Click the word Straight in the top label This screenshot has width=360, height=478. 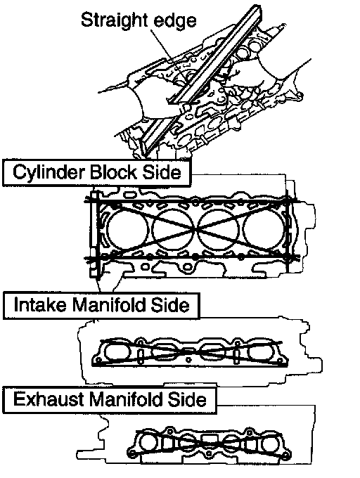tap(115, 21)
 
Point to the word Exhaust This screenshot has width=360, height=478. tap(49, 399)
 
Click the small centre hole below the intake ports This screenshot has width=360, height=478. tap(189, 361)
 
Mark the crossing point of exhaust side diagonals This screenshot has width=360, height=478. tap(210, 443)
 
